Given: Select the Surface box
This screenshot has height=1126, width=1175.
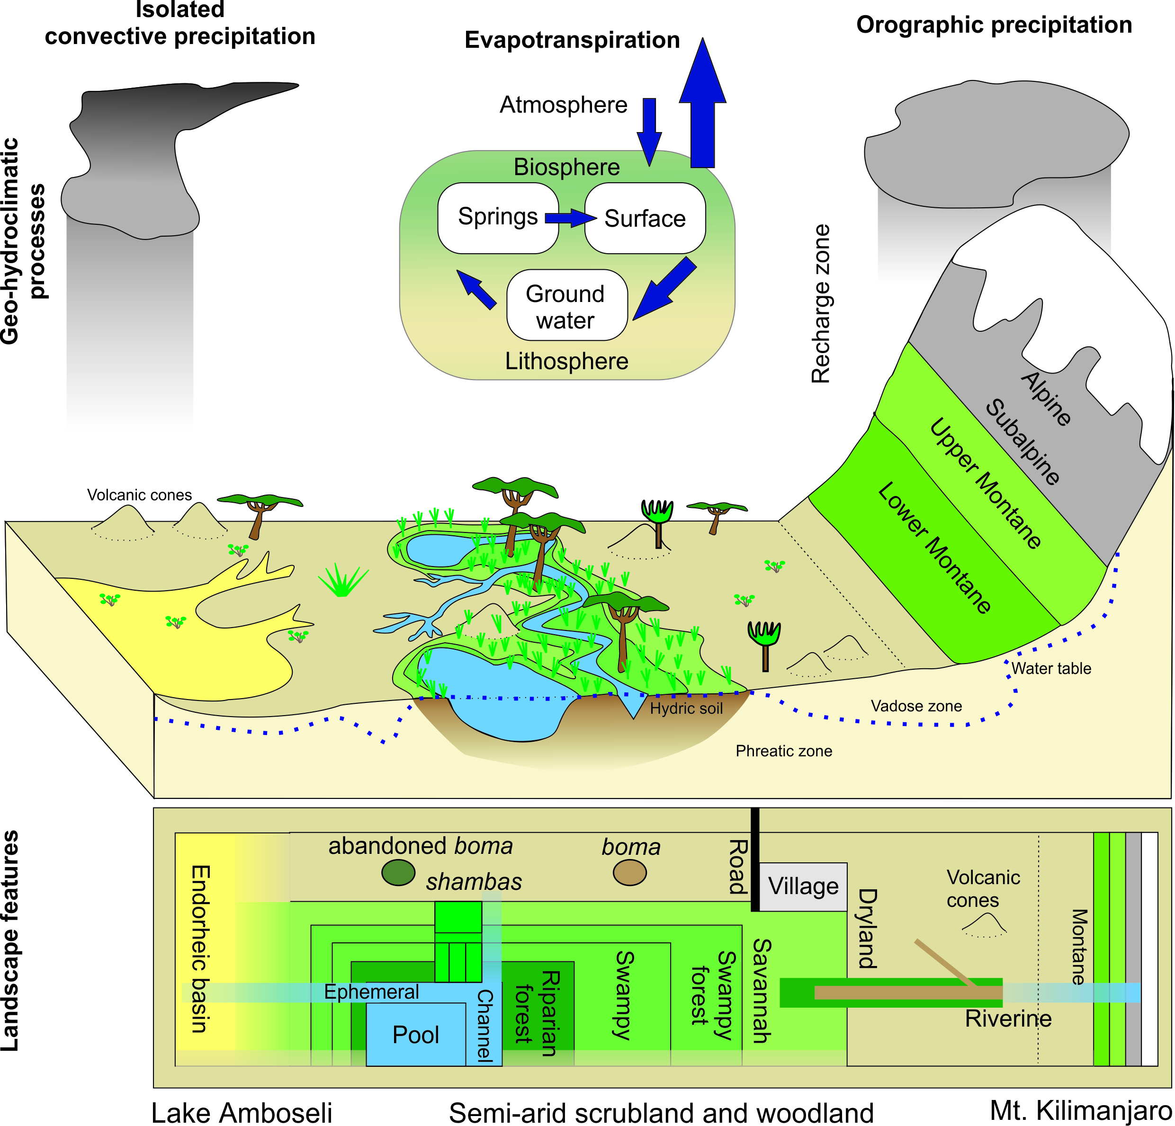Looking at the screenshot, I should [x=645, y=218].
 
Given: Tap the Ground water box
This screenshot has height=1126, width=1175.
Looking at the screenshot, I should [x=566, y=306].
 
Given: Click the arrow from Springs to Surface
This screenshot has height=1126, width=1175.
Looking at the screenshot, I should [x=570, y=218].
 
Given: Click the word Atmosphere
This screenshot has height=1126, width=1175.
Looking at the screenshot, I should [x=563, y=106].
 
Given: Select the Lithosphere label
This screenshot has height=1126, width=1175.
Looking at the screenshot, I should [x=566, y=361].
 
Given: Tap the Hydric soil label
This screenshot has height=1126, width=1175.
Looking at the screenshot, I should [x=686, y=709].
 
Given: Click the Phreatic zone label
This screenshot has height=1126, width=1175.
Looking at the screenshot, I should [x=783, y=751].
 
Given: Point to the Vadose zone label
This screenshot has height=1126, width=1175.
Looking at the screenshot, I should [x=916, y=706].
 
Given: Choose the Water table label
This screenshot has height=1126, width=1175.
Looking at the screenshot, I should [x=1051, y=668].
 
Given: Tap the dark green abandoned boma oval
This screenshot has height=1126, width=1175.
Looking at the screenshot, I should [x=398, y=872].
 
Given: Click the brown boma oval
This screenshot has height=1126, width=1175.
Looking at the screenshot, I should [x=629, y=872].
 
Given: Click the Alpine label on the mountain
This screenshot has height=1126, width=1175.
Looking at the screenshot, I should [x=1046, y=399].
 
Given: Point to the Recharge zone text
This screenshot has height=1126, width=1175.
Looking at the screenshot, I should [x=821, y=303].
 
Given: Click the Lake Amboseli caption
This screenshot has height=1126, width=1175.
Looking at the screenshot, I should [x=242, y=1113].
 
